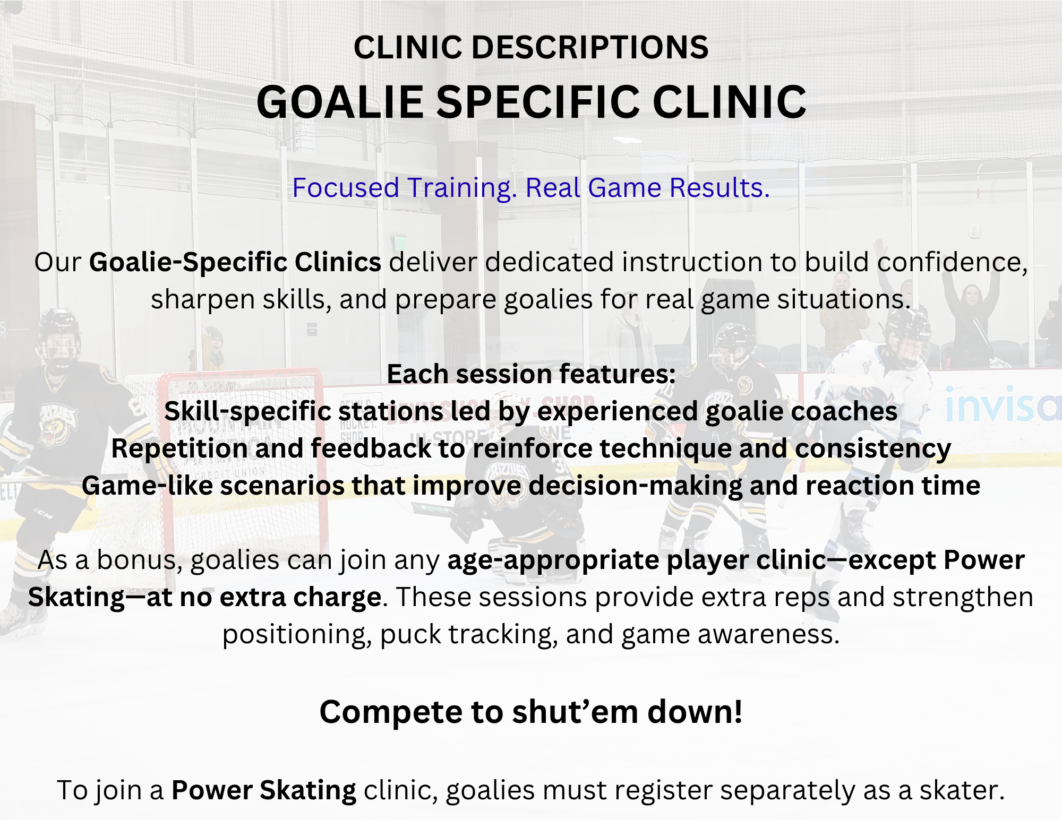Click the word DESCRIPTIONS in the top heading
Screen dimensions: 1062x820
[589, 47]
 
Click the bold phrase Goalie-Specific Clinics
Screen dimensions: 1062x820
[235, 263]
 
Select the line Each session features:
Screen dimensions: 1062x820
[531, 374]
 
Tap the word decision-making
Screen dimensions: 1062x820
[636, 486]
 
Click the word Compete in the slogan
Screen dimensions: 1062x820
[391, 712]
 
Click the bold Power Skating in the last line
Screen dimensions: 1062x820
[264, 791]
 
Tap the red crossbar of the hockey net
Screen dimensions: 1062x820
[242, 375]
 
